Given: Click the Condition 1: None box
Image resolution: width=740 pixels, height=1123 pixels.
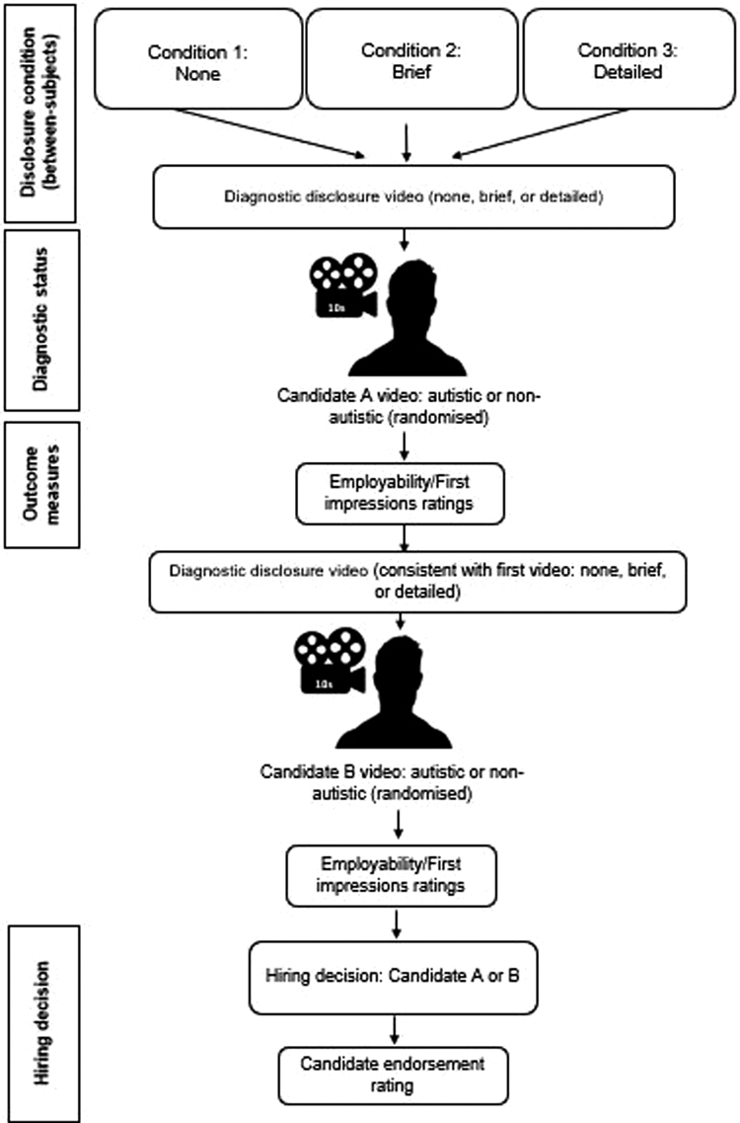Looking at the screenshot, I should pyautogui.click(x=197, y=59).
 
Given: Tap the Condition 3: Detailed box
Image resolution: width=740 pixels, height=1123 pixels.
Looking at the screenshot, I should pyautogui.click(x=620, y=59).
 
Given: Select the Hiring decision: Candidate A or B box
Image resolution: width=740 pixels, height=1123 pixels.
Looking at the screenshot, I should pyautogui.click(x=394, y=977).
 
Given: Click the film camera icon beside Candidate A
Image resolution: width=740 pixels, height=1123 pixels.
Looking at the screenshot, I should pyautogui.click(x=341, y=288).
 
